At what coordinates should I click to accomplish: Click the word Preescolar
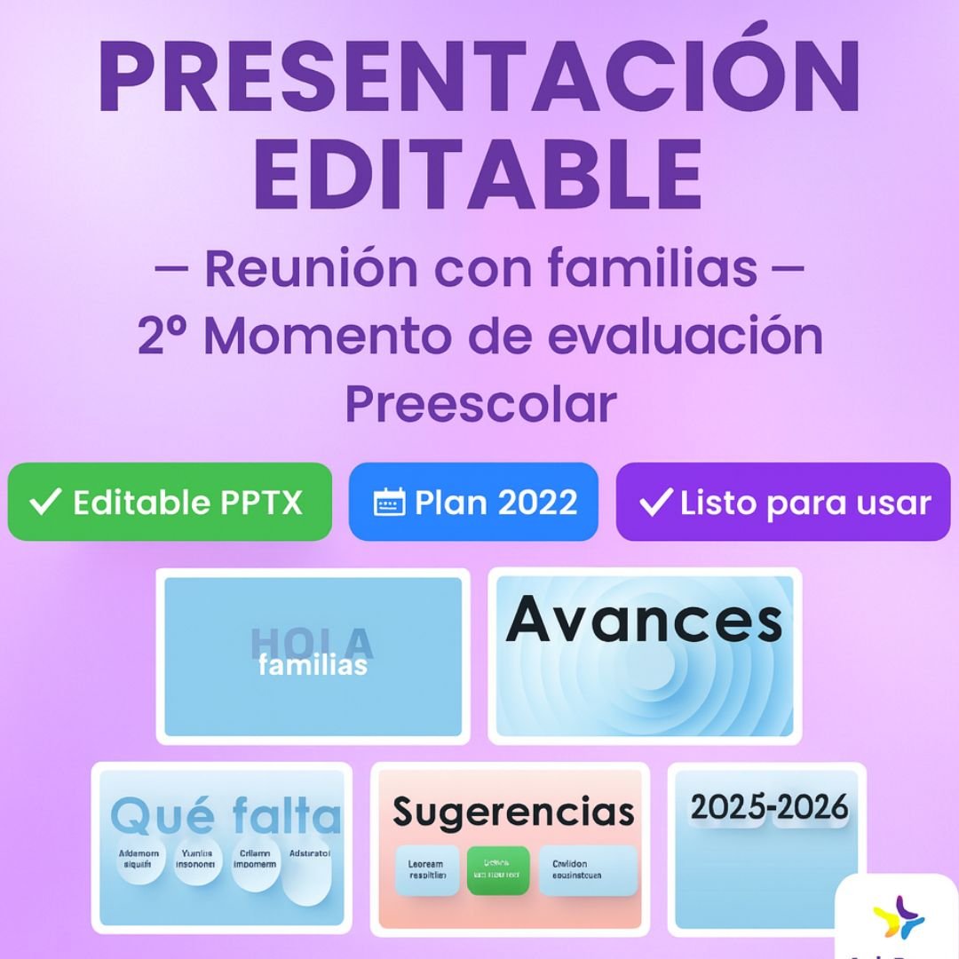pyautogui.click(x=479, y=404)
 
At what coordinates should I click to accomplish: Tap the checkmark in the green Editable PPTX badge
pyautogui.click(x=45, y=503)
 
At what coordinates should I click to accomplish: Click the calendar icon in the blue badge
pyautogui.click(x=389, y=503)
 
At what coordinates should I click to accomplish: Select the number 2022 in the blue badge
pyautogui.click(x=537, y=503)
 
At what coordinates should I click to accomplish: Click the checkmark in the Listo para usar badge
pyautogui.click(x=655, y=503)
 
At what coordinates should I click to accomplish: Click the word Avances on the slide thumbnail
pyautogui.click(x=644, y=620)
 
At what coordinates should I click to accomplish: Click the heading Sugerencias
pyautogui.click(x=513, y=811)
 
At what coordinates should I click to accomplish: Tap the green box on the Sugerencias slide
pyautogui.click(x=498, y=870)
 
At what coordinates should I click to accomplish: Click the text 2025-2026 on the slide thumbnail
pyautogui.click(x=769, y=808)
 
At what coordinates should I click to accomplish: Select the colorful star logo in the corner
pyautogui.click(x=899, y=917)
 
